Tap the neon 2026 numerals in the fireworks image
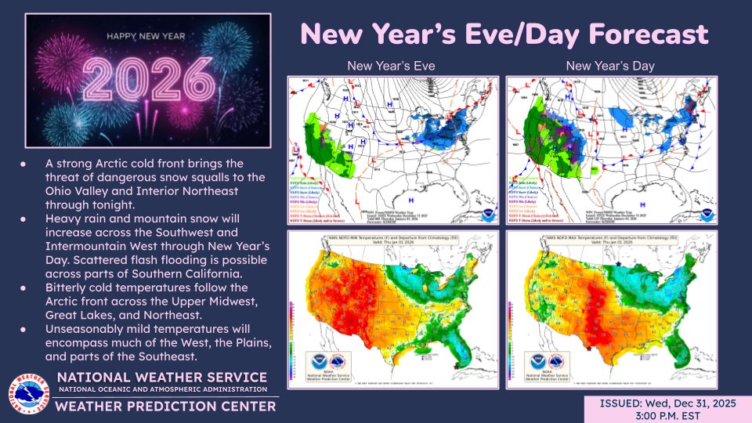[149, 78]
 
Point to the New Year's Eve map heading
[391, 66]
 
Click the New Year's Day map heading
[610, 66]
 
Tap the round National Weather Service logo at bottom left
[28, 394]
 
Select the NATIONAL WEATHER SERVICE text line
[162, 378]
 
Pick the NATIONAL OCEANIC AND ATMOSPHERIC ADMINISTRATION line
[162, 389]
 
